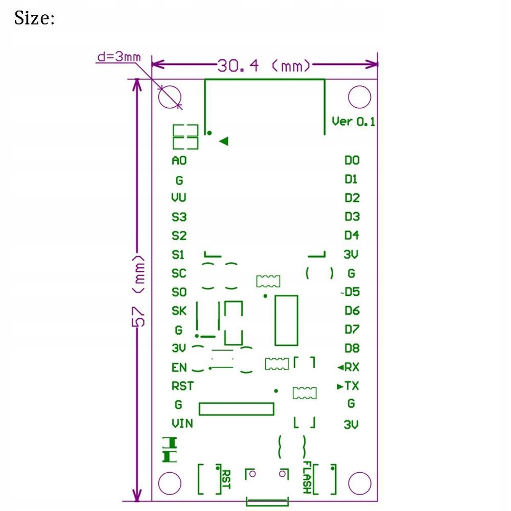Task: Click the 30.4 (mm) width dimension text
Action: point(264,65)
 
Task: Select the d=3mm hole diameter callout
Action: point(118,57)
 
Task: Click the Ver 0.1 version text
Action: point(353,122)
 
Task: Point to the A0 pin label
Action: point(179,160)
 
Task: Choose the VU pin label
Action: point(179,198)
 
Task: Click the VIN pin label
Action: point(182,423)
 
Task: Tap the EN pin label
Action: point(179,367)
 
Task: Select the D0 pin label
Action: point(352,160)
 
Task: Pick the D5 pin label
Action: point(352,292)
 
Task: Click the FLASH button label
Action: point(306,477)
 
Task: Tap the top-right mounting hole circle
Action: point(359,97)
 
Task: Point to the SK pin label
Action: point(179,311)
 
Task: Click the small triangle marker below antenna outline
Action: point(223,142)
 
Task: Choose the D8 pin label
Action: point(352,349)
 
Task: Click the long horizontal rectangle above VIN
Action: point(236,409)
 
